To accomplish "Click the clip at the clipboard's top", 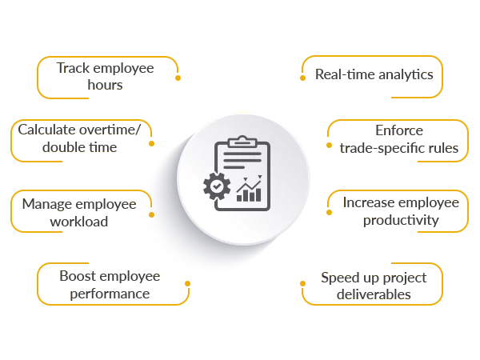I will coord(242,142).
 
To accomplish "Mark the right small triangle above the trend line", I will coord(259,177).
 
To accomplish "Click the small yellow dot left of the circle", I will coord(152,214).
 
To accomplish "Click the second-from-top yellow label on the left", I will coord(80,138).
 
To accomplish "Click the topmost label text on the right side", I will coord(374,77).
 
